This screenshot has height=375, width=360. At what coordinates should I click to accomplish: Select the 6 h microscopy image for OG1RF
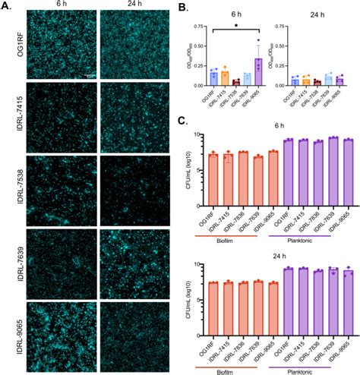tap(52, 45)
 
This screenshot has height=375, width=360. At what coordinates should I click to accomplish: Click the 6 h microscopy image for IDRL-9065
tap(52, 335)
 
